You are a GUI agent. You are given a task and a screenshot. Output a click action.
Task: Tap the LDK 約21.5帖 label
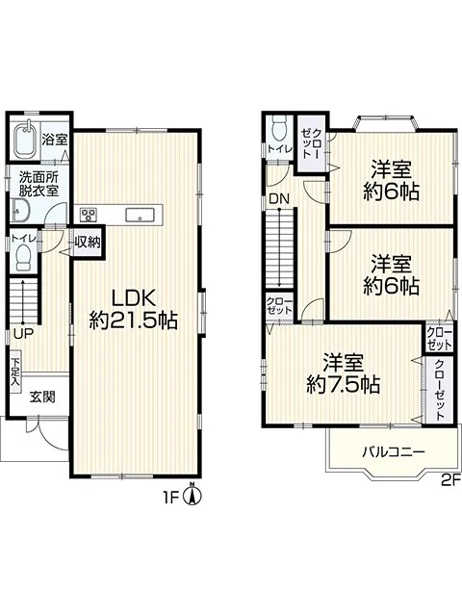[134, 310]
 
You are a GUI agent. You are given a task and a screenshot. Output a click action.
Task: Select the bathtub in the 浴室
[26, 140]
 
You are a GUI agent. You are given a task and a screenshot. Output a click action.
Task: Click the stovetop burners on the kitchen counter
[89, 215]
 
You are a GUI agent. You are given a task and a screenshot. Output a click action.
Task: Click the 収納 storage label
[88, 243]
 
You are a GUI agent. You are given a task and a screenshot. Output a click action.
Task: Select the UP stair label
[23, 334]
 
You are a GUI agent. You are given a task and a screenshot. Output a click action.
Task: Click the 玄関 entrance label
[42, 397]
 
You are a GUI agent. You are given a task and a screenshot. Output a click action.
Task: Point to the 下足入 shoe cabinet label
[15, 371]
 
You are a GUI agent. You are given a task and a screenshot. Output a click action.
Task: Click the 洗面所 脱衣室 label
[38, 184]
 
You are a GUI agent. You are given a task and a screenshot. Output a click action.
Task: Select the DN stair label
[279, 199]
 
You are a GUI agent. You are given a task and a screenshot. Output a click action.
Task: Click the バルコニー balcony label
[394, 451]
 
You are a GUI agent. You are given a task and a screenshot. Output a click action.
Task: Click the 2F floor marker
[450, 479]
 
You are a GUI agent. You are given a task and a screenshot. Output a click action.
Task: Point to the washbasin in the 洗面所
[18, 211]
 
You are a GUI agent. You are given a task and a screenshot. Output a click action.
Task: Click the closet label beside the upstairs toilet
[312, 143]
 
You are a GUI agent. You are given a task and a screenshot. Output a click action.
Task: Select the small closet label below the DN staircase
[279, 306]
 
